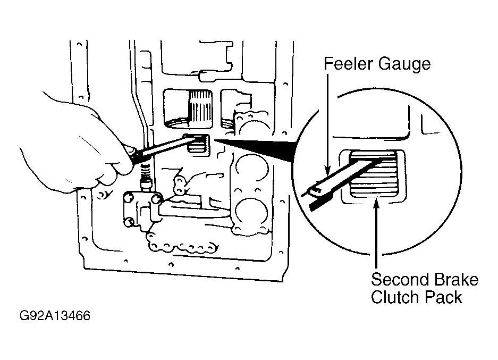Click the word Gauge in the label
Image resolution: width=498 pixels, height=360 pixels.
pos(404,64)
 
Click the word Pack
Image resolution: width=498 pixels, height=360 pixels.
pos(443,297)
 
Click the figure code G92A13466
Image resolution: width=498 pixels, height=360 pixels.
pos(55,316)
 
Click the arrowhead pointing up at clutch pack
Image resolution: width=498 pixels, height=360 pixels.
pos(376,203)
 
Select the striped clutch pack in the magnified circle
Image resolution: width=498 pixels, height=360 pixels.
pos(374,174)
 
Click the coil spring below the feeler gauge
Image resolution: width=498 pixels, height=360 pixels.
pos(146,172)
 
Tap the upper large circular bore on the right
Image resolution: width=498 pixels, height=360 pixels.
pos(251,169)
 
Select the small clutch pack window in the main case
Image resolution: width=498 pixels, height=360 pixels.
pos(198,145)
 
